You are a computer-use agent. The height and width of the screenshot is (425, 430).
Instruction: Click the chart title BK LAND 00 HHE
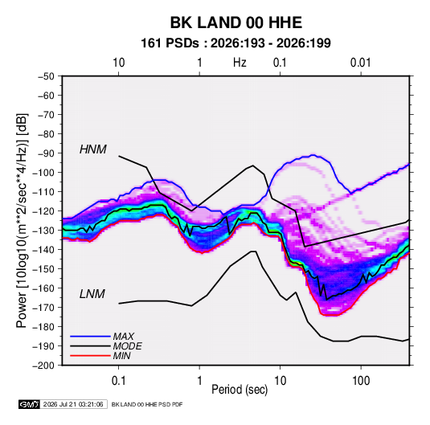click(x=236, y=22)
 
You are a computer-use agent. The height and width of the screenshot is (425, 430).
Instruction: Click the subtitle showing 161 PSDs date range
click(x=235, y=43)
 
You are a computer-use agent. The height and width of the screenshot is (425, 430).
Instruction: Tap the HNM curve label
click(x=93, y=149)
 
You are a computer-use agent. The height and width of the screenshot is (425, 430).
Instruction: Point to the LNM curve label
click(x=92, y=294)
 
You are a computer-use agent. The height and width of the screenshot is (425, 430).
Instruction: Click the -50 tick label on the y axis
click(x=46, y=76)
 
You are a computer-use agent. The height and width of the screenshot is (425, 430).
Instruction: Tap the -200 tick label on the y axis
click(x=43, y=366)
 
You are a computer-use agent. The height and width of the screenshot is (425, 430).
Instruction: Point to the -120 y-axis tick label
click(x=43, y=211)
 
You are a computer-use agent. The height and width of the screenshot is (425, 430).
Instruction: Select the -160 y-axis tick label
click(x=43, y=288)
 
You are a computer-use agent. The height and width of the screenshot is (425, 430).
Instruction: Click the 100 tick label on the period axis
click(x=361, y=381)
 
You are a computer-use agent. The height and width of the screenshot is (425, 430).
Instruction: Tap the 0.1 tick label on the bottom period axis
click(x=118, y=381)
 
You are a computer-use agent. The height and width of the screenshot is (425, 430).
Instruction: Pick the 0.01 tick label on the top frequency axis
click(x=360, y=63)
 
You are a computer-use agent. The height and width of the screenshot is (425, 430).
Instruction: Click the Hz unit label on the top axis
click(x=240, y=63)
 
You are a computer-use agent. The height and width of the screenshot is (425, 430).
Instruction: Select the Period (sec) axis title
click(x=240, y=390)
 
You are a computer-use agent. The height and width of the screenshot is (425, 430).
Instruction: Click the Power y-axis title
click(x=22, y=220)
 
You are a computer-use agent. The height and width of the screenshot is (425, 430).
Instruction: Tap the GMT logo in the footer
click(x=29, y=404)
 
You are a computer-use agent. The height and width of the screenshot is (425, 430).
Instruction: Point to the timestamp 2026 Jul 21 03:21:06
click(x=73, y=404)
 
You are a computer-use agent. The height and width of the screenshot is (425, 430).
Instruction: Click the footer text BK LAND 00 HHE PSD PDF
click(x=147, y=404)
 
